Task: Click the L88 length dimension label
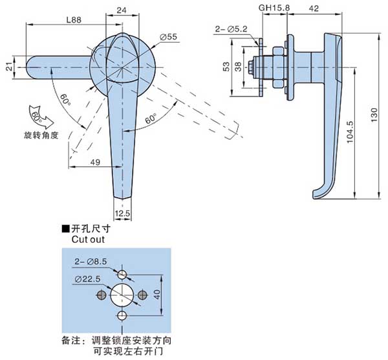74,21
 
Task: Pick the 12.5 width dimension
123,213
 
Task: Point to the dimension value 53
226,67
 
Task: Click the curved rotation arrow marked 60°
38,115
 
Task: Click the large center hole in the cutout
121,295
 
